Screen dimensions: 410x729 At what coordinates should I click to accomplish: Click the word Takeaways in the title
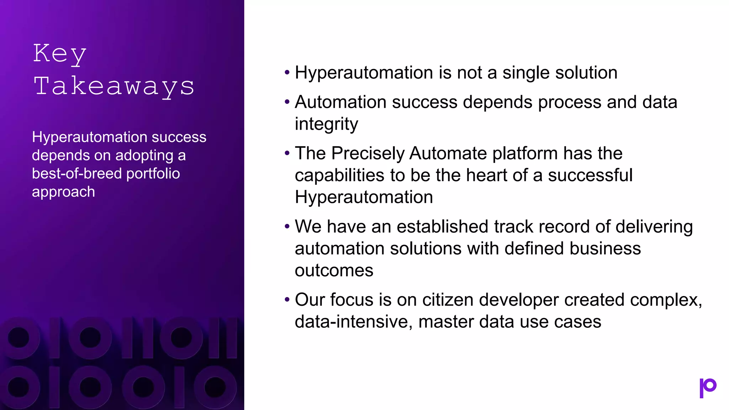[x=114, y=86]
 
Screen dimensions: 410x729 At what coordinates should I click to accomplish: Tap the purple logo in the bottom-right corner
[x=708, y=388]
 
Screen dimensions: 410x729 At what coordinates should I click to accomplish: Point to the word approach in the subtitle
[x=63, y=192]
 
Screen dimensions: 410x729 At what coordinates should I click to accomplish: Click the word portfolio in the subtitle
[x=153, y=174]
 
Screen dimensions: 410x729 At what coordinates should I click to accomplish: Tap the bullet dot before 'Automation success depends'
[x=287, y=102]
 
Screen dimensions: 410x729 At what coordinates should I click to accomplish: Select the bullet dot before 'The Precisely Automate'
[x=287, y=154]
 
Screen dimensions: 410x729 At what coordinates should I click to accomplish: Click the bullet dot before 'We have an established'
[x=287, y=227]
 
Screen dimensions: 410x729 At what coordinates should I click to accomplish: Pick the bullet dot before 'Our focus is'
[x=287, y=300]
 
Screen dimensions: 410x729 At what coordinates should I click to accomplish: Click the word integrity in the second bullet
[x=326, y=125]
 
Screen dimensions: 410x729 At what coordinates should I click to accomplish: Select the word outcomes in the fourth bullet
[x=334, y=270]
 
